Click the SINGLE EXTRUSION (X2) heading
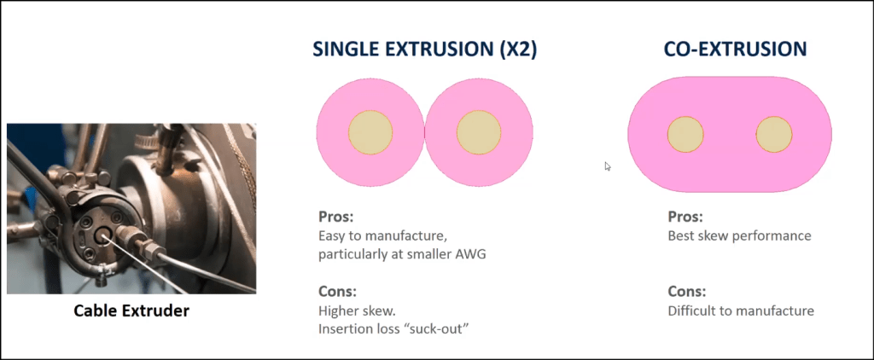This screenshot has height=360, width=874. (424, 49)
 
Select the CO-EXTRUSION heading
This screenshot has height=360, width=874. (735, 49)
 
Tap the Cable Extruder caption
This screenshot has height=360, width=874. (131, 311)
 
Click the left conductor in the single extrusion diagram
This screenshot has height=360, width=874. (370, 132)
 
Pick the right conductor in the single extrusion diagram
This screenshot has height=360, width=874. (479, 132)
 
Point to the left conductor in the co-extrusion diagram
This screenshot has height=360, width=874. (685, 134)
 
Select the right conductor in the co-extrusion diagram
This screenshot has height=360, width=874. (774, 134)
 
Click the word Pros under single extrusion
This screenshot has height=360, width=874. (336, 216)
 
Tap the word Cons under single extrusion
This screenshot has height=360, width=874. (337, 292)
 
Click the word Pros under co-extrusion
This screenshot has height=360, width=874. (685, 216)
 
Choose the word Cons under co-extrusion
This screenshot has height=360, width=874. (687, 292)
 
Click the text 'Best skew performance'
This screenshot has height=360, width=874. (739, 236)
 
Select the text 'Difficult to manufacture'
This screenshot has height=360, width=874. (741, 311)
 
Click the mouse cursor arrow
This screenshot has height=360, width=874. (608, 166)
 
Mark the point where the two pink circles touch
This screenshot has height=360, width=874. (425, 132)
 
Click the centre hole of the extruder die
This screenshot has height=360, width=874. (102, 236)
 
